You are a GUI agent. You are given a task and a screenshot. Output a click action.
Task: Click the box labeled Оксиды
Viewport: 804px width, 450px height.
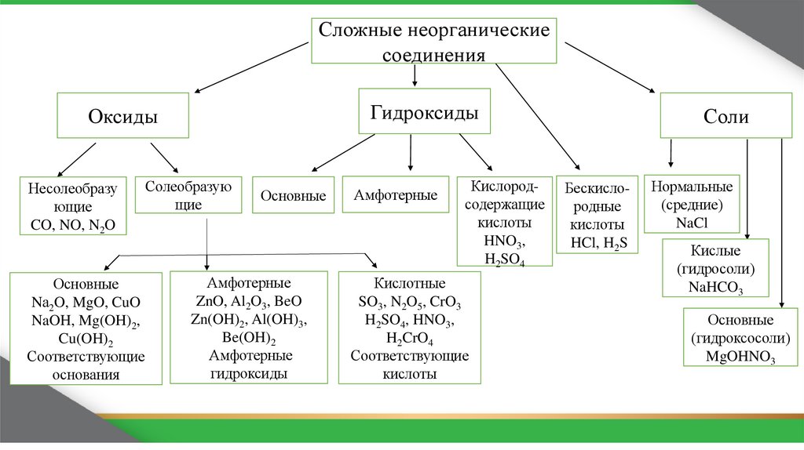(x=122, y=117)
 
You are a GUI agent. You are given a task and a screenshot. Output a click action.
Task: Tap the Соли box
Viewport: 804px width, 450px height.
(x=726, y=117)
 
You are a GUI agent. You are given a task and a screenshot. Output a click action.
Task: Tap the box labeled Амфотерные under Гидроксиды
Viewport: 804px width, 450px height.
(x=395, y=195)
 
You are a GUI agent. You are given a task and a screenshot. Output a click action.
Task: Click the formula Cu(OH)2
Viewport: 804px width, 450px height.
(x=86, y=339)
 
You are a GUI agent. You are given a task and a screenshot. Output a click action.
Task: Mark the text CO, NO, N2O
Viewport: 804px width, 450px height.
(x=71, y=225)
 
